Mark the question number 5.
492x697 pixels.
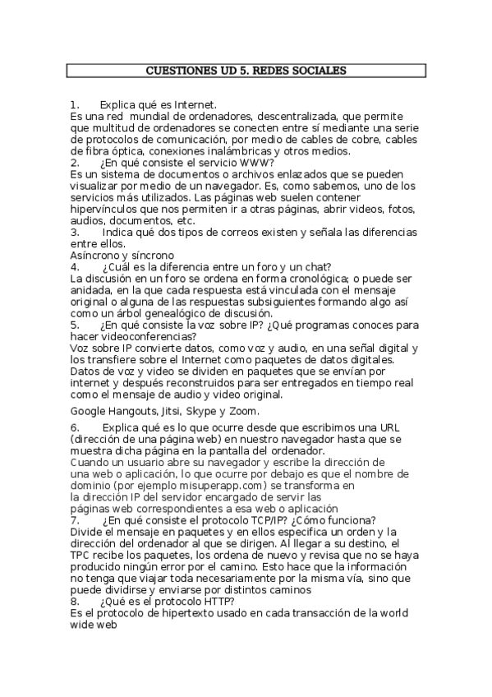(x=75, y=324)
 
